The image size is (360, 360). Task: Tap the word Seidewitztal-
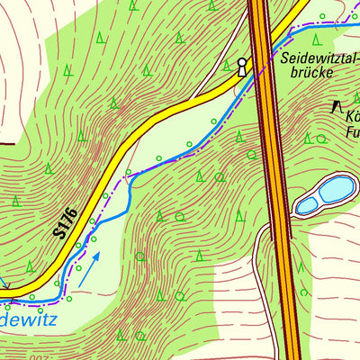[320, 58]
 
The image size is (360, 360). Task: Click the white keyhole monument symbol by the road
[241, 67]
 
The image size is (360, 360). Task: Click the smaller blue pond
[307, 205]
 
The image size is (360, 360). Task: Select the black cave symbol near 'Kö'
[337, 107]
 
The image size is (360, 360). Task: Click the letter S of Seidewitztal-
[285, 58]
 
